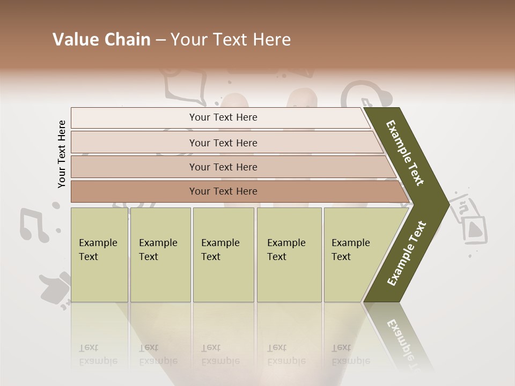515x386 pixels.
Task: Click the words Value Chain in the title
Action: click(x=101, y=40)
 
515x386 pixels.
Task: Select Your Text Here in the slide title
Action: click(x=231, y=40)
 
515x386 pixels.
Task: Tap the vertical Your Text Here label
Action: click(x=62, y=154)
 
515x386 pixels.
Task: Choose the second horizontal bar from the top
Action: click(x=223, y=143)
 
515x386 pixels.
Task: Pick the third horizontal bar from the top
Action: click(x=223, y=167)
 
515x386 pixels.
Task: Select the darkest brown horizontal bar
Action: click(x=223, y=191)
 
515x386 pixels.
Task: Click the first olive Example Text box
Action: click(x=99, y=255)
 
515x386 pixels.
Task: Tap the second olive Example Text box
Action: click(x=160, y=255)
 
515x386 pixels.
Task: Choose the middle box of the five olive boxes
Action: click(x=223, y=255)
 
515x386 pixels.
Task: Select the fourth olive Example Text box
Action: click(x=289, y=255)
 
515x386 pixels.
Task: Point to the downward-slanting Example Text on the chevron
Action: click(x=405, y=153)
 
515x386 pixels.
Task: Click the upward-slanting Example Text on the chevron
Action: click(x=407, y=254)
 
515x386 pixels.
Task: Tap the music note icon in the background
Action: click(x=35, y=225)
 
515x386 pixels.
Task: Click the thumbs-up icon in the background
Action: click(x=55, y=289)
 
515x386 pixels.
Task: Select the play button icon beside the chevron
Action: click(x=475, y=229)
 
